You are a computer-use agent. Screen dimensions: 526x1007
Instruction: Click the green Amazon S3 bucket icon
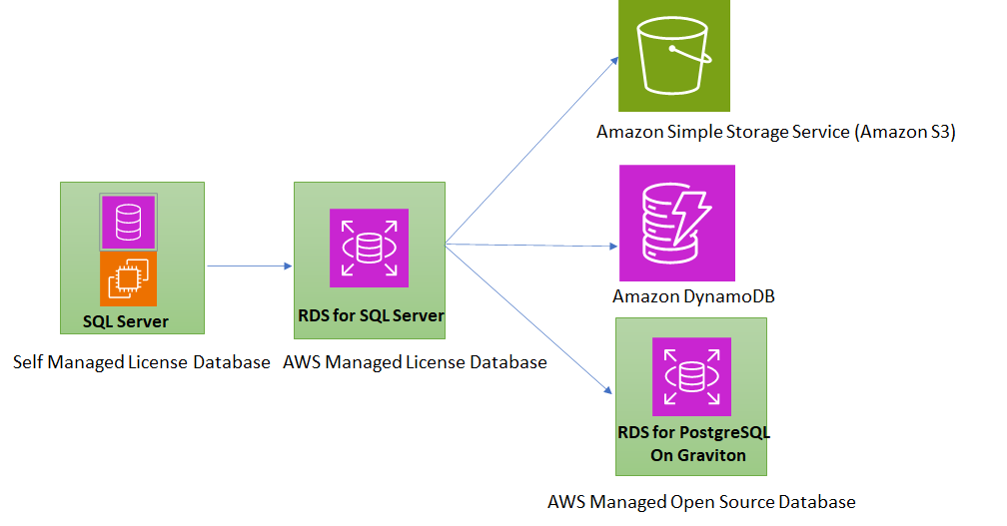pos(674,55)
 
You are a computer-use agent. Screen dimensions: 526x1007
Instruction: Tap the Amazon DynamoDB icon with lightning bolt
pos(676,223)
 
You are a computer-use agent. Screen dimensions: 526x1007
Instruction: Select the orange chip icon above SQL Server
pos(128,278)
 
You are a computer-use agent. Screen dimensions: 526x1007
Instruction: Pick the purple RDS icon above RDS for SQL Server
pos(369,249)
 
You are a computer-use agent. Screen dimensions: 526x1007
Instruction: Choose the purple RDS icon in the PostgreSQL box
pos(691,376)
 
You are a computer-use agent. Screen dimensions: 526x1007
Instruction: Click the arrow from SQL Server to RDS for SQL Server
pos(249,265)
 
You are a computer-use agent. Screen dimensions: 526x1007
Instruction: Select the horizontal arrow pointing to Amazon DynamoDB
pos(529,245)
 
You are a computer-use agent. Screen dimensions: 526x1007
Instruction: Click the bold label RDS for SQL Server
pos(371,315)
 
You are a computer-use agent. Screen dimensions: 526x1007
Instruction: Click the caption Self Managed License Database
pos(142,362)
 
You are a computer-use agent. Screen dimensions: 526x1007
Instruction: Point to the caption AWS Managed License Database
pos(415,362)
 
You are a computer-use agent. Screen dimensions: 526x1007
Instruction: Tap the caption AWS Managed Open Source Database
pos(701,501)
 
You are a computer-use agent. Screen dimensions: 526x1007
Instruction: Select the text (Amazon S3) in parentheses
pos(905,132)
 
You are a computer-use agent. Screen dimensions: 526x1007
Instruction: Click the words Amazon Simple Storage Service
pos(722,132)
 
